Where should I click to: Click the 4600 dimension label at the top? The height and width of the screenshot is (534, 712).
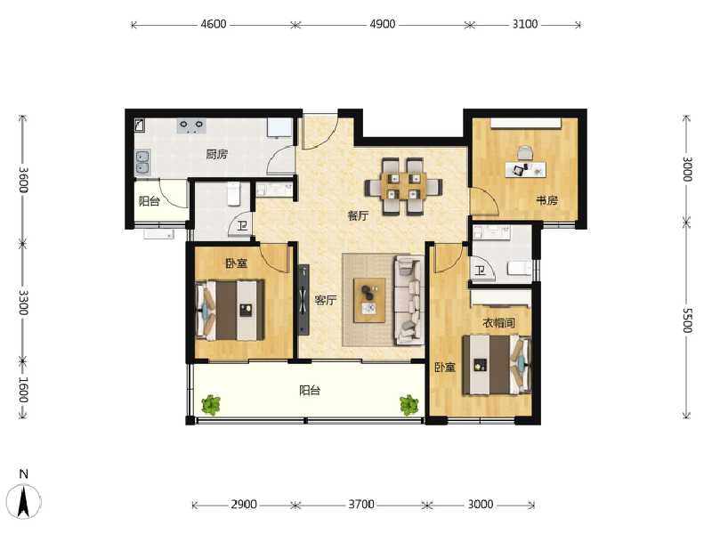214,24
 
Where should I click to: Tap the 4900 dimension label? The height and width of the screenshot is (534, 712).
383,24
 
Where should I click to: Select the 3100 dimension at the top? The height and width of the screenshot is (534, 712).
525,24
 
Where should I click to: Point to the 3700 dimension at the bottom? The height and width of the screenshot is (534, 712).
361,504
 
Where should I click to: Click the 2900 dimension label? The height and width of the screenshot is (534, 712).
244,504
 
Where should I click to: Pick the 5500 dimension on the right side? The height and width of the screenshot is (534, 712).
687,320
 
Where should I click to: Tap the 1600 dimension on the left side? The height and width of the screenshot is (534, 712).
24,390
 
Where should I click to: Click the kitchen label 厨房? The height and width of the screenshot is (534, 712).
216,154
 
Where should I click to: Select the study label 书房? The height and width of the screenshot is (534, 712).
546,200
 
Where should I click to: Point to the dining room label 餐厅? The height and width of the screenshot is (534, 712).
358,215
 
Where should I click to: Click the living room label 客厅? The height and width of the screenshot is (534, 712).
326,300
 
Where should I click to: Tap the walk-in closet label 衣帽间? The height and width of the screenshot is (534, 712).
498,323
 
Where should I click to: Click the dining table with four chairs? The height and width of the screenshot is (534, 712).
404,186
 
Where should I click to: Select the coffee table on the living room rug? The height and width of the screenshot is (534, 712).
369,300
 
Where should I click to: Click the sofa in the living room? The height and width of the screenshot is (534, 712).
409,300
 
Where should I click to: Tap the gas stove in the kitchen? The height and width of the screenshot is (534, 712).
191,125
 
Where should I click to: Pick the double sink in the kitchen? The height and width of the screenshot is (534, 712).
142,162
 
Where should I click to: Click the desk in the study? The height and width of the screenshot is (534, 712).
526,170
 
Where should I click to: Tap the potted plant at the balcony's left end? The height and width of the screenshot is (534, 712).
211,405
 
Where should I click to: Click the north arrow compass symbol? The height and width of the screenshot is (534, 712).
25,501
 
